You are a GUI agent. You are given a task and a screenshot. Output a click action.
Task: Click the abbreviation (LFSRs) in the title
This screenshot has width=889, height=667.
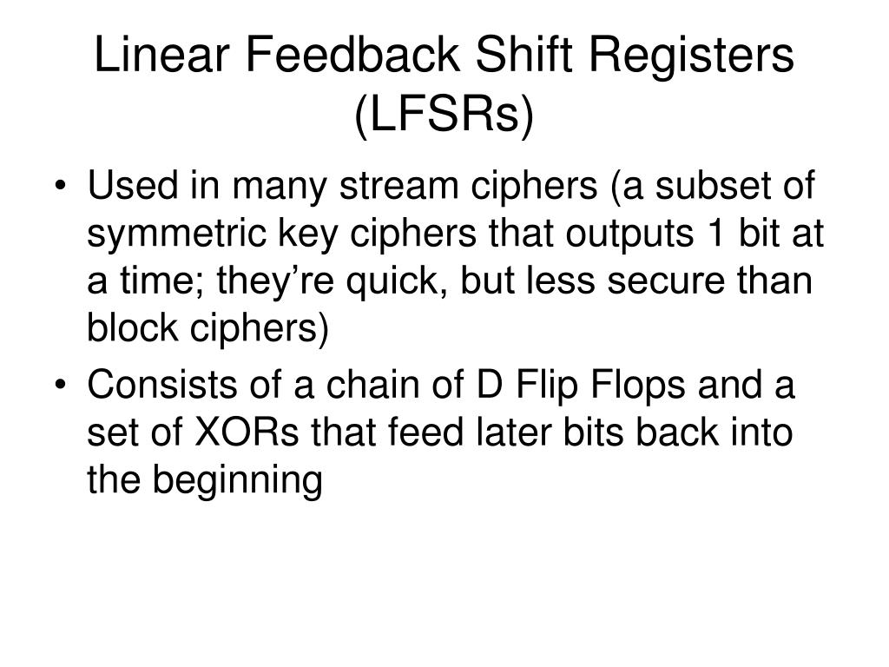click(x=443, y=116)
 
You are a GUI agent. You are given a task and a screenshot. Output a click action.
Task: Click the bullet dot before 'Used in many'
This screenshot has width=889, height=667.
click(x=66, y=188)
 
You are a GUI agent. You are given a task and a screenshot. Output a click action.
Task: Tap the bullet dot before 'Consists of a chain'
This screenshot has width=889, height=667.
click(x=66, y=386)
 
